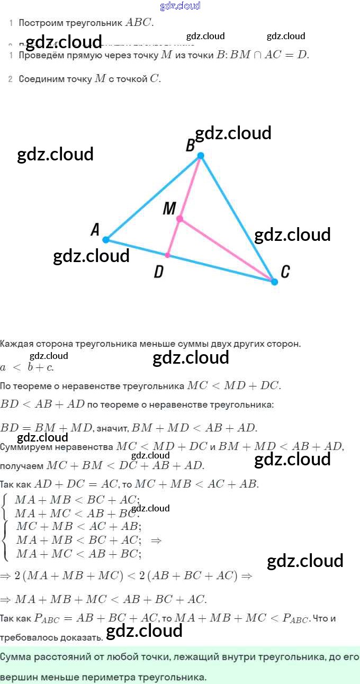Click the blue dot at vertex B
tap(201, 155)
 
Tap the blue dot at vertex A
tap(106, 240)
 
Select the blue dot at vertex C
tap(274, 282)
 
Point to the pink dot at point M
tap(180, 219)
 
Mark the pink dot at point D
tap(168, 255)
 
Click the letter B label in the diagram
tap(190, 146)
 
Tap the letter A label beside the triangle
tap(95, 229)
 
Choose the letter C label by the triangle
tap(285, 272)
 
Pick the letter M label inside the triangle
tap(169, 209)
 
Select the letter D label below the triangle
tap(158, 272)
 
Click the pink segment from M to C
tap(228, 250)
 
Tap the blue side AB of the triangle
tap(154, 197)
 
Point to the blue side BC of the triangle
tap(237, 218)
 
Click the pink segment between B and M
tap(191, 186)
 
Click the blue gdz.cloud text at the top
tap(180, 6)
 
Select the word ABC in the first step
tap(139, 23)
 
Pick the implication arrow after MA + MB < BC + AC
tap(156, 541)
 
